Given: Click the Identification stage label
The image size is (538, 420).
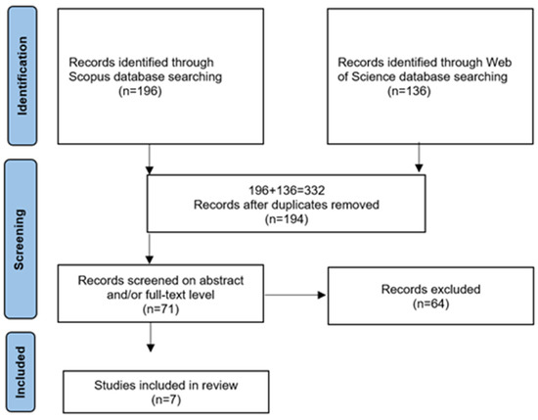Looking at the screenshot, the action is point(22,76).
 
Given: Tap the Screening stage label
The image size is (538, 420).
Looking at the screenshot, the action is point(20,239).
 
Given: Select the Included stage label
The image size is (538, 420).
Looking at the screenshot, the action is point(21,372).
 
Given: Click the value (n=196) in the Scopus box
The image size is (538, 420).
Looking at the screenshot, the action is point(140,91).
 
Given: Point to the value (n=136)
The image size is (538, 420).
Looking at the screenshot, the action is point(409,91).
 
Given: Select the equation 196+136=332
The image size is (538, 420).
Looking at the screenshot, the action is point(287,190).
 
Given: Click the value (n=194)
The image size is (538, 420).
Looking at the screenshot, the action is point(287,219).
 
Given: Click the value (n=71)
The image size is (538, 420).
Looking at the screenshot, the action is point(160,309).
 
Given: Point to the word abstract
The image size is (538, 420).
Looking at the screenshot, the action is point(222,280).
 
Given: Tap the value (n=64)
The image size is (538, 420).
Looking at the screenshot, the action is point(431,303).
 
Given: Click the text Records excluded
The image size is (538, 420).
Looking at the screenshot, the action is point(431,289).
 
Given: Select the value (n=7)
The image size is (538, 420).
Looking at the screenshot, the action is point(166,399).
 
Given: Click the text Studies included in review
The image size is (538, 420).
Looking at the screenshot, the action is point(166,385).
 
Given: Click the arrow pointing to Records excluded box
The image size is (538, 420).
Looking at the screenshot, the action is point(295,295).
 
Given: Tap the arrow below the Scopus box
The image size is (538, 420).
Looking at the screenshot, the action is point(150,160).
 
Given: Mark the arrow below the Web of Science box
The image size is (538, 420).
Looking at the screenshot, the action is point(419,158).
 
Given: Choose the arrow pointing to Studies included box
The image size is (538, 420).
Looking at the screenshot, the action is point(151,337).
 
